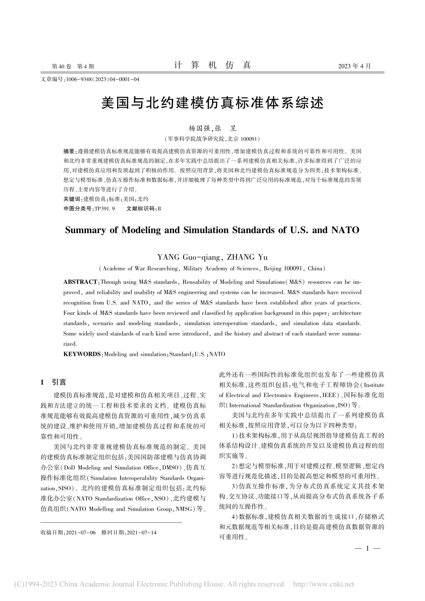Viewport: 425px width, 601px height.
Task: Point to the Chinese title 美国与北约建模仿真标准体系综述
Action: point(212,103)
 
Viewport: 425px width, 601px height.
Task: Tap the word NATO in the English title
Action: point(345,230)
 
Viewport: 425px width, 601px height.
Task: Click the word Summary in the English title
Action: point(84,230)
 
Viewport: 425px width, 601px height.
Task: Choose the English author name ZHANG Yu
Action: point(247,257)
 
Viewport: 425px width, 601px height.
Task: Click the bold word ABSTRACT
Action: point(81,282)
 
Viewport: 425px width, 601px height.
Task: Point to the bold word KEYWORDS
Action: point(83,354)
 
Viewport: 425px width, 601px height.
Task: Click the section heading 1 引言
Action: point(53,382)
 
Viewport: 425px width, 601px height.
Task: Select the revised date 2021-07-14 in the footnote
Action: point(141,533)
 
